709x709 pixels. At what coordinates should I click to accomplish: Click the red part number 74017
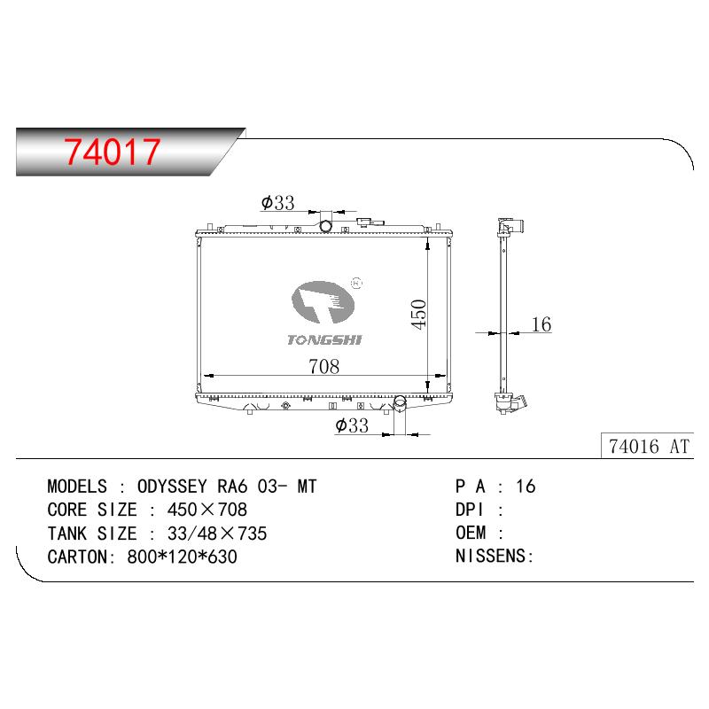pyautogui.click(x=112, y=152)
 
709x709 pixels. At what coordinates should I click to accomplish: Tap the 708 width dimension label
pyautogui.click(x=323, y=366)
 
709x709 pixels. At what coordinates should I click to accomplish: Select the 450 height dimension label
pyautogui.click(x=419, y=315)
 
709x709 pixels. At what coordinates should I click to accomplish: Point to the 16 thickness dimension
pyautogui.click(x=541, y=324)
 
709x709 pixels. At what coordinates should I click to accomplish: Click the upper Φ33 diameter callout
pyautogui.click(x=277, y=203)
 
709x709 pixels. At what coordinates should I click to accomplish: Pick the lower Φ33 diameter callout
pyautogui.click(x=352, y=425)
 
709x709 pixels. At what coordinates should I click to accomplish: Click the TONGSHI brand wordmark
pyautogui.click(x=324, y=339)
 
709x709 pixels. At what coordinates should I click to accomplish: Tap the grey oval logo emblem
pyautogui.click(x=323, y=301)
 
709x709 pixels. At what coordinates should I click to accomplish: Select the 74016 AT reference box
pyautogui.click(x=648, y=447)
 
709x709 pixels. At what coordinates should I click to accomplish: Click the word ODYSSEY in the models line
pyautogui.click(x=172, y=487)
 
